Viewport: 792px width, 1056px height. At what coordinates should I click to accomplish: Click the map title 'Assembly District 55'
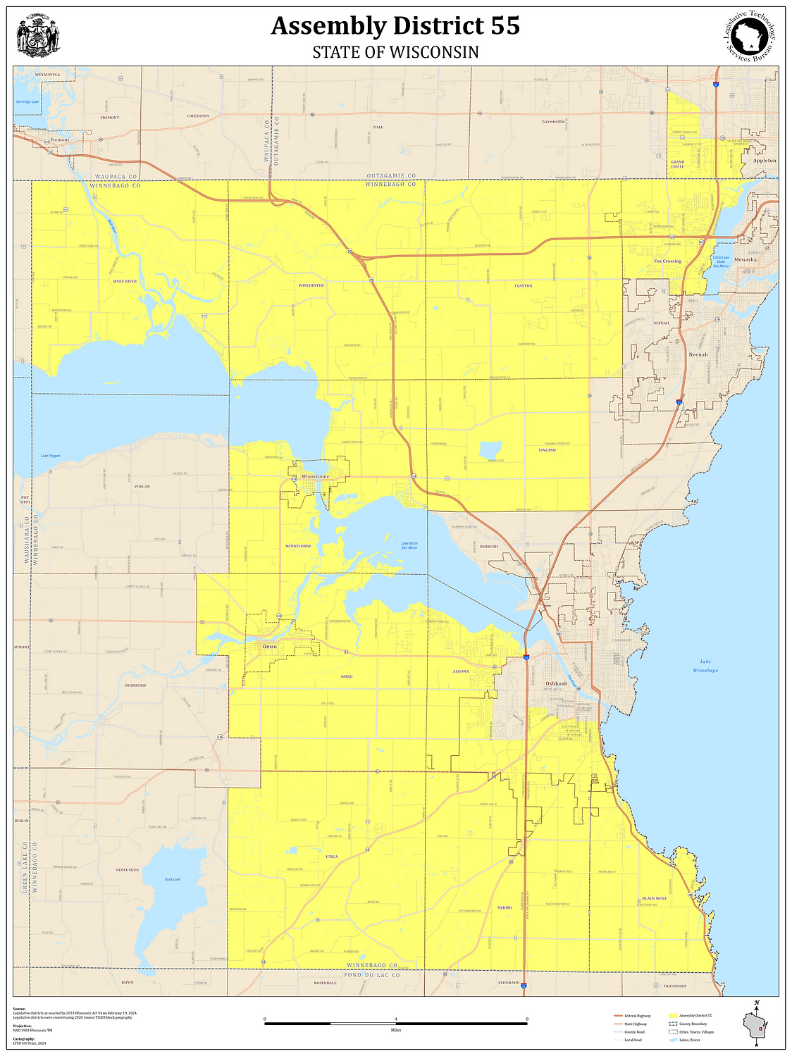395,26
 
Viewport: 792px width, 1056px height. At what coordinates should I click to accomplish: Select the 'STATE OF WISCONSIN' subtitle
395,53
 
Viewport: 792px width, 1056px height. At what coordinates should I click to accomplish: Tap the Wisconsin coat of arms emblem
38,37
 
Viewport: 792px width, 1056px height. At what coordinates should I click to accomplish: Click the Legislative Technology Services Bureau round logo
753,36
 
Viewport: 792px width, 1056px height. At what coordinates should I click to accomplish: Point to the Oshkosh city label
556,683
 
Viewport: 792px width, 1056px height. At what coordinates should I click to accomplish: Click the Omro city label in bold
269,646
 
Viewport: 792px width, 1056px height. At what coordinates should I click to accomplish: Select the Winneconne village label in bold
315,476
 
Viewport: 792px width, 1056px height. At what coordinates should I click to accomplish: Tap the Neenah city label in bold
698,354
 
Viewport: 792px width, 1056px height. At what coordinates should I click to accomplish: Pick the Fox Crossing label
667,261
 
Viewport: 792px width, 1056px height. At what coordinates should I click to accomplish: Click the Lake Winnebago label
705,666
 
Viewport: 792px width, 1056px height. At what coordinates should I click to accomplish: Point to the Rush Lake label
173,879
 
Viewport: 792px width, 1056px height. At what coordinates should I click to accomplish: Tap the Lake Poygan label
50,456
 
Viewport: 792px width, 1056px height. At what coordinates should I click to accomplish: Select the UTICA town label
332,857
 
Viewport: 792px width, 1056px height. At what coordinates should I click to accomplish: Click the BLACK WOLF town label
654,898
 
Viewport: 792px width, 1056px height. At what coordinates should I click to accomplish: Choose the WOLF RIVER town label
125,281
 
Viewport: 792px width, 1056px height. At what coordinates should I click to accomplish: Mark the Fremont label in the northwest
60,139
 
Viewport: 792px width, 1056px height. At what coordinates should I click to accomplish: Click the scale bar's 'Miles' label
395,1029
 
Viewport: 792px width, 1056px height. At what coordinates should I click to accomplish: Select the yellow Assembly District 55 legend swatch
673,1015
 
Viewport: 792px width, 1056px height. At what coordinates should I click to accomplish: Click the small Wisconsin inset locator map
756,1026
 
